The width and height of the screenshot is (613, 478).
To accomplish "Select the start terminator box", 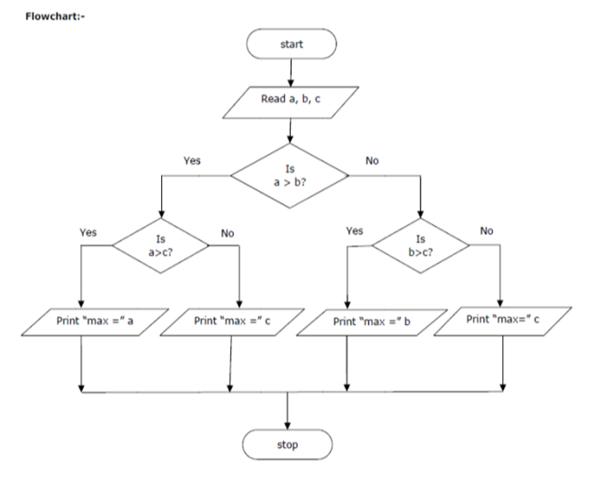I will coord(290,43).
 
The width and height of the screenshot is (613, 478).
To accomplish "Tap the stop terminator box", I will coord(287,444).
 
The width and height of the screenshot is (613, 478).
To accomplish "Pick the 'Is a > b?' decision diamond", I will coord(289,173).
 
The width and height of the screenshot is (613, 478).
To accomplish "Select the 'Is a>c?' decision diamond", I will coord(160,245).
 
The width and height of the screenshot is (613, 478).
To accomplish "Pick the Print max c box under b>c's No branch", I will coord(503,320).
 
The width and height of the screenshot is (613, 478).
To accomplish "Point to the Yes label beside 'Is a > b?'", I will coord(192,160).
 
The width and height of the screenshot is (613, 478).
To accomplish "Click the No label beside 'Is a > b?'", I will coord(372,160).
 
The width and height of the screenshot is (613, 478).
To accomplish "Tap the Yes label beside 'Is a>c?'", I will coord(88,232).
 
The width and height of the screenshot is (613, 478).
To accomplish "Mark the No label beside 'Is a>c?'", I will coord(227,233).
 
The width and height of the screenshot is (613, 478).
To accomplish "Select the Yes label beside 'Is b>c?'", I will coord(355,231).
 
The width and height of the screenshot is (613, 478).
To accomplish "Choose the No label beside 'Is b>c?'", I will coord(487,231).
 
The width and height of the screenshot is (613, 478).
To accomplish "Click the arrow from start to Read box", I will coord(290,71).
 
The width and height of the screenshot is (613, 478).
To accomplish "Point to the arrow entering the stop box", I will coord(287,412).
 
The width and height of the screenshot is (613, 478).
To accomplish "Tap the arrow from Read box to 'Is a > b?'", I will coord(289,130).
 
